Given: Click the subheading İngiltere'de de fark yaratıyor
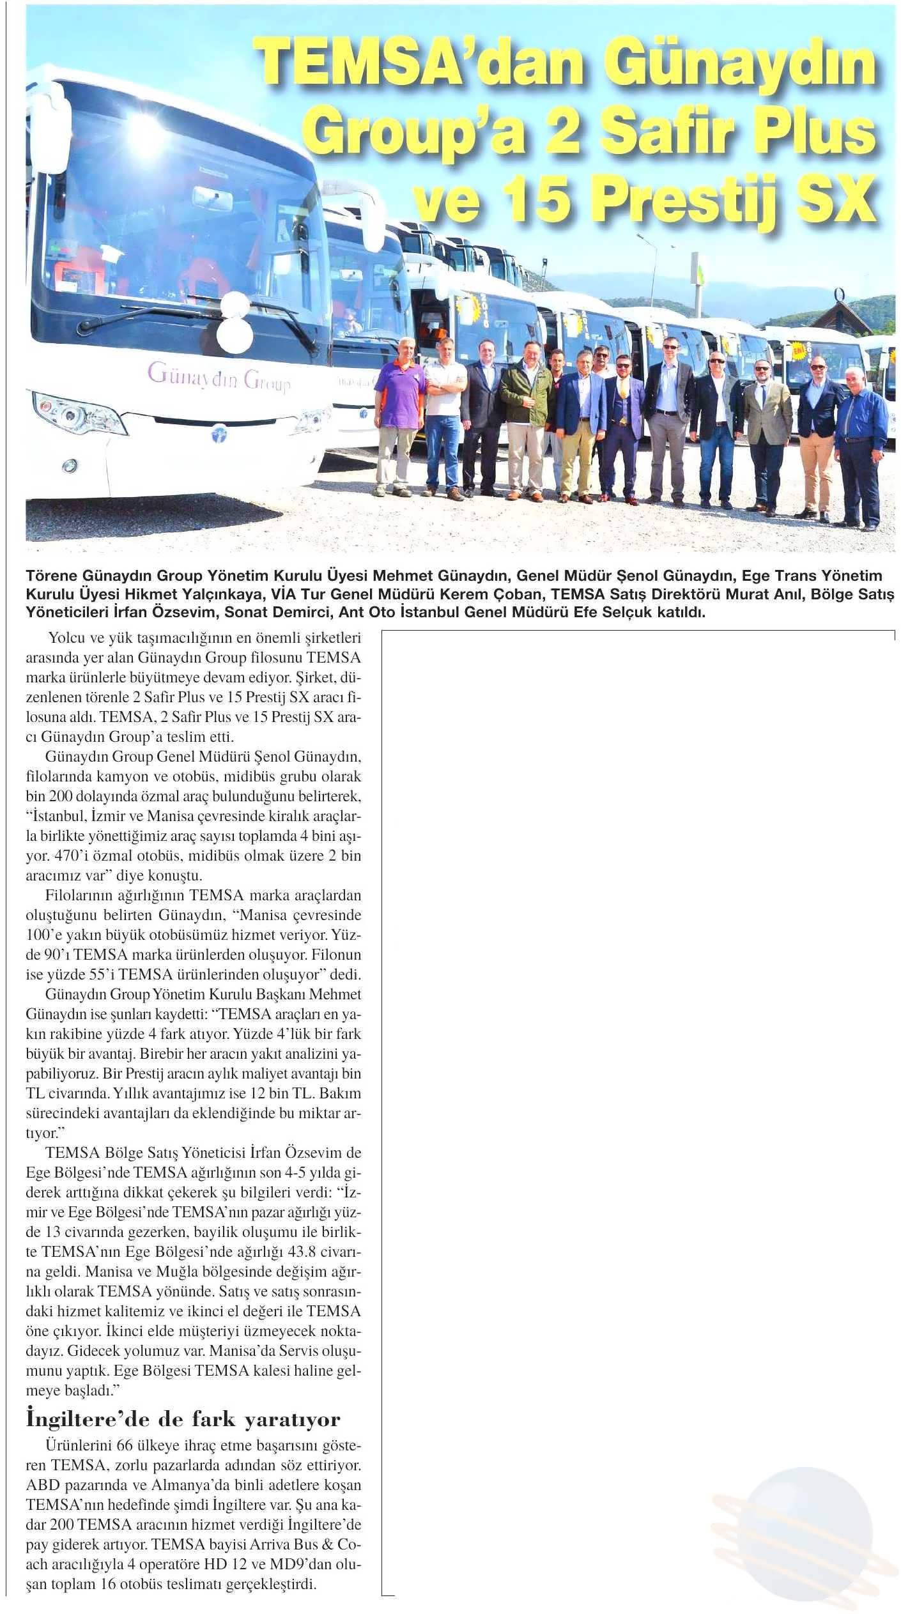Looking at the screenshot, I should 183,1415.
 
